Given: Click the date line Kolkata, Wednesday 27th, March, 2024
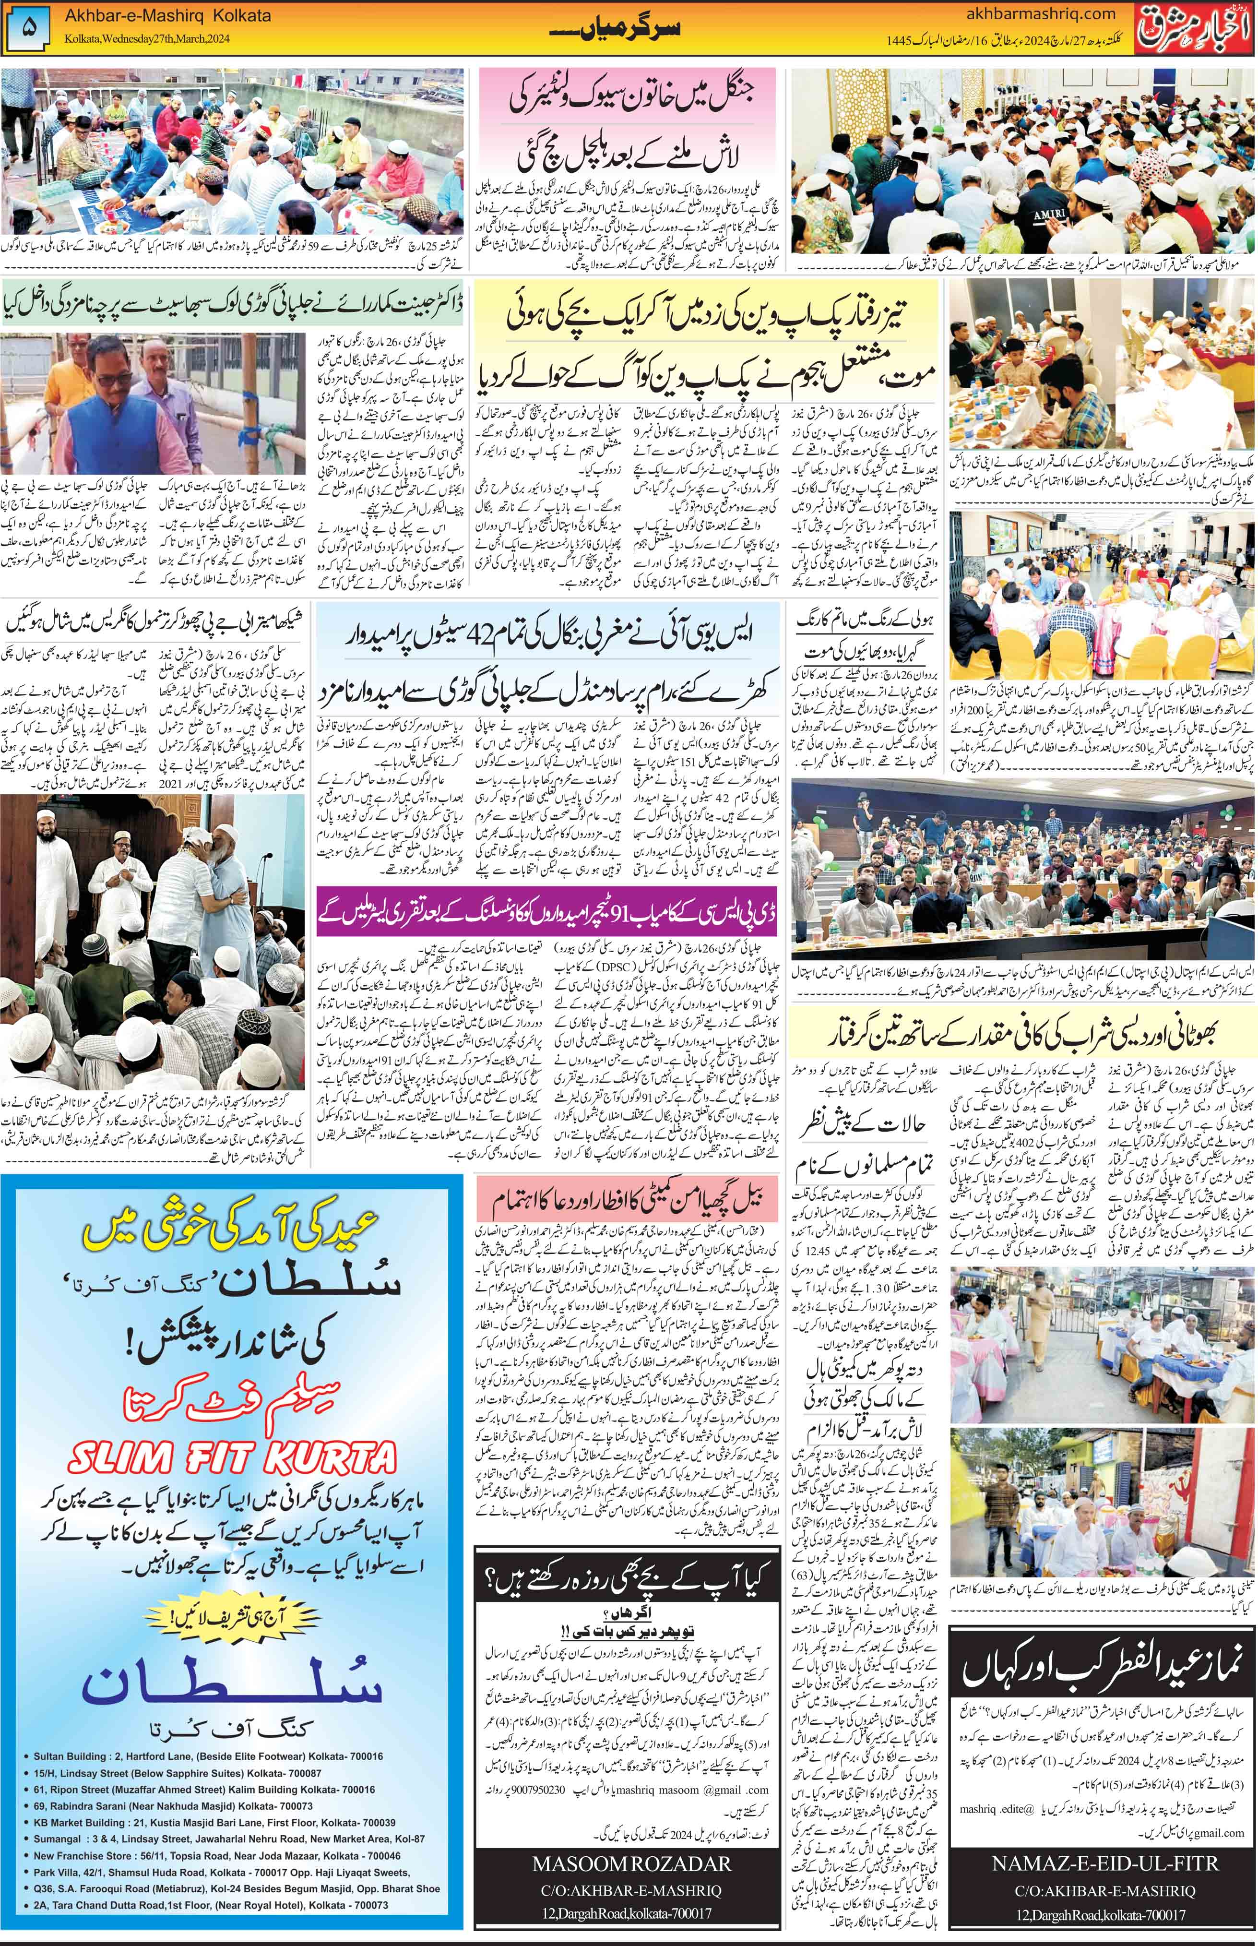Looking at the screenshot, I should [143, 40].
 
